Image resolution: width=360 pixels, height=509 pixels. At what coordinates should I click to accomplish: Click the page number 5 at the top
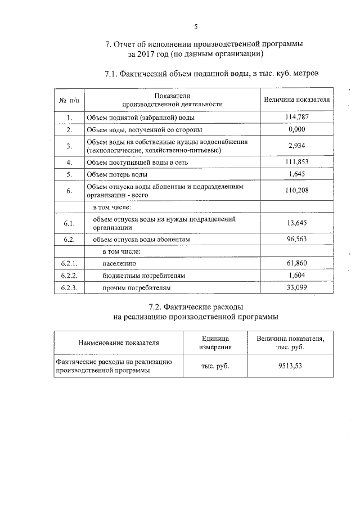point(195,26)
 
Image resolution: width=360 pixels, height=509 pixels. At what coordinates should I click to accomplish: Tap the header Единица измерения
point(215,342)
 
